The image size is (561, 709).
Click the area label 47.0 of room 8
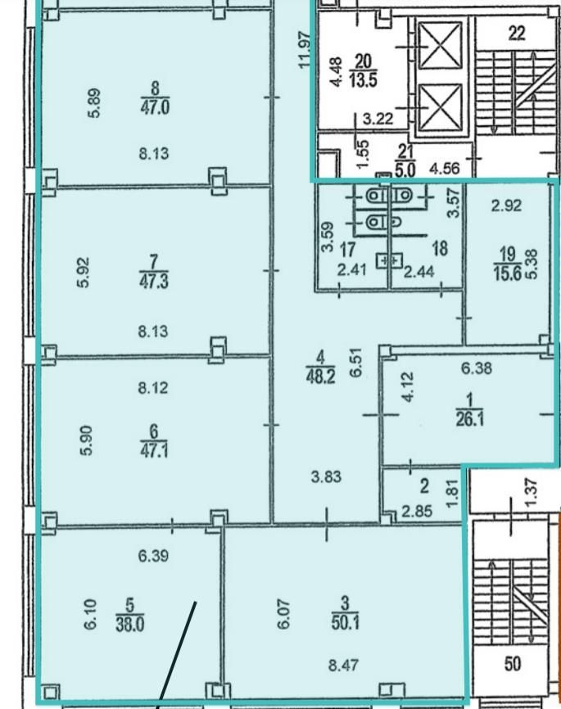tap(155, 107)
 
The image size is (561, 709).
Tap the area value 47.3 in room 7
tap(154, 282)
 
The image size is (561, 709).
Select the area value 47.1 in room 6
tap(154, 451)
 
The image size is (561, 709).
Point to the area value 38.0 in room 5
tap(130, 625)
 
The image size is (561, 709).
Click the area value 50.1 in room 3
tap(345, 623)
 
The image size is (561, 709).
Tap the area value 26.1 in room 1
tap(469, 419)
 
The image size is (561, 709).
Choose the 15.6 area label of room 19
tap(508, 273)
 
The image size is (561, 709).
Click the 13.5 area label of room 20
tap(364, 80)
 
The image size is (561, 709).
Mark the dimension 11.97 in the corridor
tap(305, 49)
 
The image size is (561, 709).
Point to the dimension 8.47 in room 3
tap(344, 665)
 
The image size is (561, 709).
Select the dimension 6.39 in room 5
tap(154, 555)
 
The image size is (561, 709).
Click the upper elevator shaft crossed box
tap(440, 46)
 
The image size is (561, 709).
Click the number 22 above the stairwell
tap(517, 33)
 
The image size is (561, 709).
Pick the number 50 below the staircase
tap(513, 664)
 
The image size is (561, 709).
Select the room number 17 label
tap(347, 249)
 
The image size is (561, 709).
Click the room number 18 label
tap(441, 248)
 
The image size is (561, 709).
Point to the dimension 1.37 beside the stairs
tap(532, 492)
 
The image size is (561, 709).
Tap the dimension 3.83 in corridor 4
tap(326, 477)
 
